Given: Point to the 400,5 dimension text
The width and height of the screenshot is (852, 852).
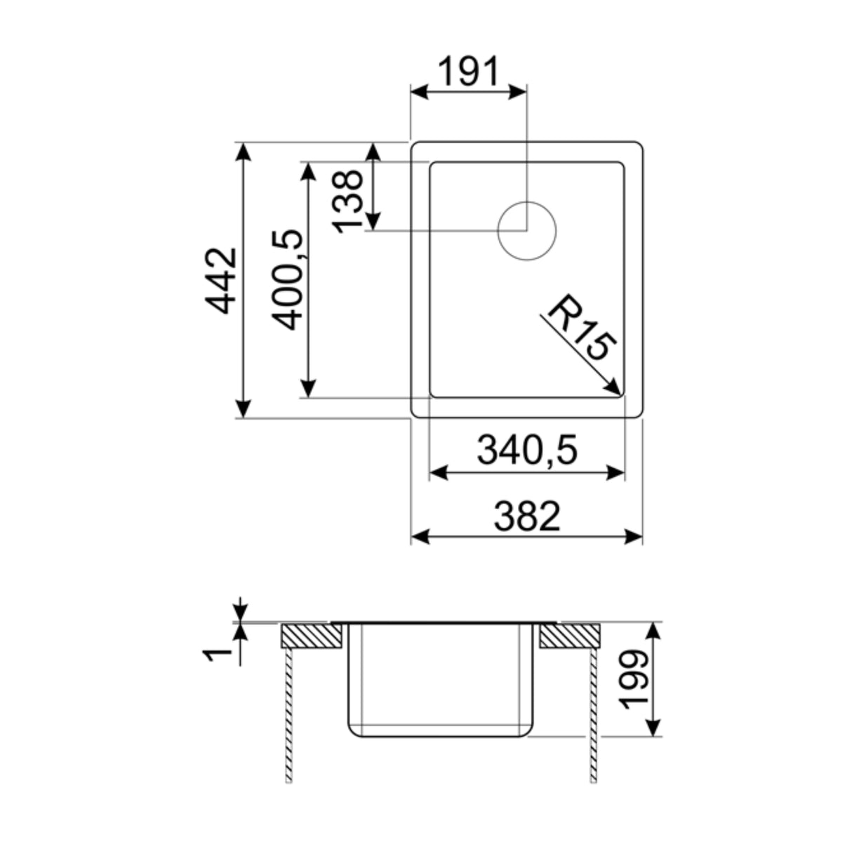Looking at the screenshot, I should tap(287, 279).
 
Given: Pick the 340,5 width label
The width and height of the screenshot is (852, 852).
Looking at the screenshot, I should tap(526, 450).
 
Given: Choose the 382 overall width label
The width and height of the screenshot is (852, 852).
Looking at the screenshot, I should tap(526, 516).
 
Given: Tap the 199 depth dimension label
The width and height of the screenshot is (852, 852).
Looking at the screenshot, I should tap(636, 679).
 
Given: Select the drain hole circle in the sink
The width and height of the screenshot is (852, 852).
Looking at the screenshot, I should tap(526, 231).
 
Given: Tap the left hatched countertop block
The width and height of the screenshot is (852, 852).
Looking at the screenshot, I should tap(312, 636).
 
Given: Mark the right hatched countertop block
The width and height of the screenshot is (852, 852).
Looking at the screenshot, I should tap(570, 636).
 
